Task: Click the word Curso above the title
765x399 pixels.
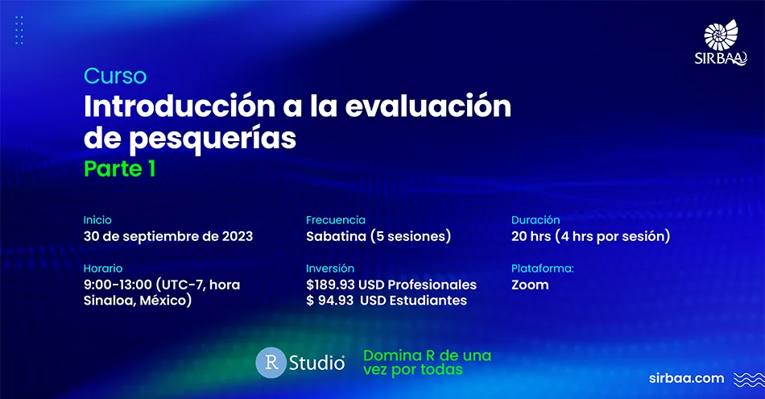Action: point(115,76)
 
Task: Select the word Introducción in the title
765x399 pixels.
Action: point(180,106)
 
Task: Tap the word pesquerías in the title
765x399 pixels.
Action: point(213,139)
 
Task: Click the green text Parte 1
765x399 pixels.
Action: point(119,169)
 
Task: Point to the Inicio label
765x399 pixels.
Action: point(97,220)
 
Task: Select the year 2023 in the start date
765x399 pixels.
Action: point(238,236)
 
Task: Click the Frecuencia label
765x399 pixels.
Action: point(336,220)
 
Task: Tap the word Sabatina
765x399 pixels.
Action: point(336,236)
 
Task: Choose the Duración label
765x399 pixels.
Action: point(535,220)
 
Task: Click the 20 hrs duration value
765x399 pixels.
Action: point(531,236)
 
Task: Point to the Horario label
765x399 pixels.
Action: point(103,268)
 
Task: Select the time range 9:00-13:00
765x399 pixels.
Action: point(118,285)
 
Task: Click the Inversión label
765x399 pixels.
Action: point(330,268)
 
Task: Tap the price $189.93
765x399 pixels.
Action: point(330,285)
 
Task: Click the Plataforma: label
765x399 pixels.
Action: point(543,268)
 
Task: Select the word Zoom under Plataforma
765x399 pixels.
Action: point(530,285)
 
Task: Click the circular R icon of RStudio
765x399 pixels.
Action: point(271,363)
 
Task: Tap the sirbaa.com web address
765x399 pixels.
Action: point(686,379)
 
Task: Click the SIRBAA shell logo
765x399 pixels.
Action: point(721,43)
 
